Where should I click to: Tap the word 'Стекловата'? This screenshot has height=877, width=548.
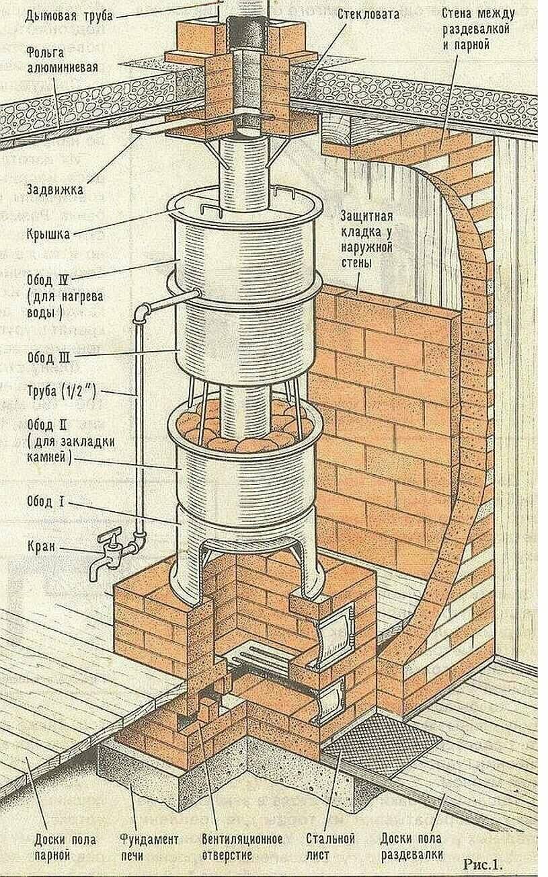(368, 13)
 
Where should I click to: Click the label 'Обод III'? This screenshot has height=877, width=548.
(48, 357)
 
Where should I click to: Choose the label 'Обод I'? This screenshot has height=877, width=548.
(45, 502)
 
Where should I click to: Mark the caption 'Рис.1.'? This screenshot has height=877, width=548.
(483, 863)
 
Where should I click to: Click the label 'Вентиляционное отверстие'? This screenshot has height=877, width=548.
(241, 847)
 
